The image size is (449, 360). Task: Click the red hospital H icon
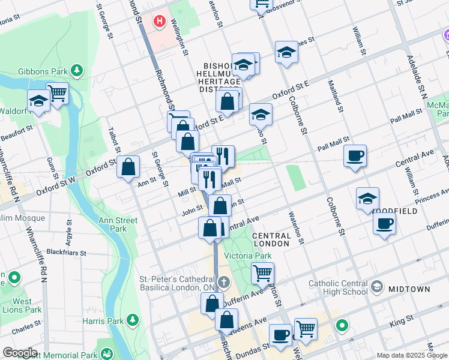pos(159,22)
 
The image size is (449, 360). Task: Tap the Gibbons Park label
pos(45,72)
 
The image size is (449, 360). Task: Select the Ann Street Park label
pos(118,225)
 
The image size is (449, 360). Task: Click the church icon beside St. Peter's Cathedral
pos(223,282)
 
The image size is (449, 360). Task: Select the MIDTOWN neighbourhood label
pos(409,289)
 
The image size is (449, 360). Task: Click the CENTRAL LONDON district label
pos(271,239)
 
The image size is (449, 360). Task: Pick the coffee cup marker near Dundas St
pos(280,334)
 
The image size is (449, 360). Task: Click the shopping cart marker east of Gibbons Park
pos(58,93)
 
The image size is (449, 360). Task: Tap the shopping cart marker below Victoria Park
pos(262,273)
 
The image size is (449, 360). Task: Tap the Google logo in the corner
pos(20,353)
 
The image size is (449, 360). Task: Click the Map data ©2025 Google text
pos(411,355)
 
